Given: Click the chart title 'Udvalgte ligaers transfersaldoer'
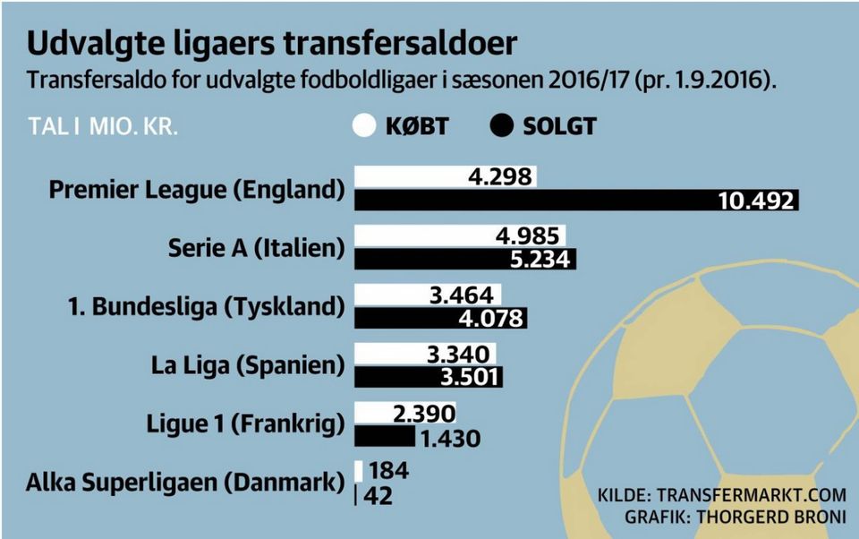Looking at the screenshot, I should pyautogui.click(x=271, y=45).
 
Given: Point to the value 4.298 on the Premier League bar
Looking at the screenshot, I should pyautogui.click(x=499, y=176).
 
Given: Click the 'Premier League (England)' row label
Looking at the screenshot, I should pyautogui.click(x=196, y=190).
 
